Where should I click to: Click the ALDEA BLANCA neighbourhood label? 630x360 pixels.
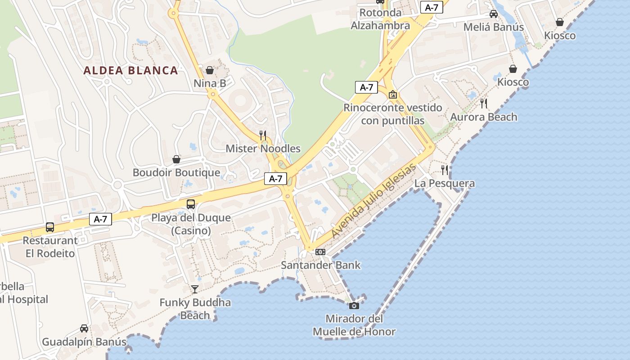(x=131, y=70)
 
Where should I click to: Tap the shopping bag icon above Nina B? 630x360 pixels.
(x=210, y=70)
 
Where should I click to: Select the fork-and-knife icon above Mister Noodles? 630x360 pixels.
(x=263, y=135)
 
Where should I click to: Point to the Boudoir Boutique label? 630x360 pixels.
(x=176, y=172)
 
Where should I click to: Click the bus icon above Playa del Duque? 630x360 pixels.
(x=191, y=204)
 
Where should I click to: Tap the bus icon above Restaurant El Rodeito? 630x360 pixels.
(x=50, y=227)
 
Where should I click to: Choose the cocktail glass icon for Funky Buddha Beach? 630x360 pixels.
(x=195, y=289)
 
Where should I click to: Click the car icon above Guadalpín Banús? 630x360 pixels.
(x=84, y=328)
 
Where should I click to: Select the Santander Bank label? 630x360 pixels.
(x=320, y=265)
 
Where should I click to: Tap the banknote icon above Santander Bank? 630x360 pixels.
(x=320, y=252)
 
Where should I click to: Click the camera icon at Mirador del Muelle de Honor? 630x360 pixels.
(x=354, y=306)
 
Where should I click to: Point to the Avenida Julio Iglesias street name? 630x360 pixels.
(x=373, y=201)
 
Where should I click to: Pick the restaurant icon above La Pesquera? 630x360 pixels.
(x=445, y=170)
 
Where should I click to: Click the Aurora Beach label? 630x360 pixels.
(x=484, y=117)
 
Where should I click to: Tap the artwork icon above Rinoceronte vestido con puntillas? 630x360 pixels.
(x=393, y=94)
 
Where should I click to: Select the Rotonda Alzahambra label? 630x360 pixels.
(x=380, y=19)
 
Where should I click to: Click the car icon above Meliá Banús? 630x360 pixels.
(x=494, y=14)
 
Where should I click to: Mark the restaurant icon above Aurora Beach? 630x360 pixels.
(x=484, y=103)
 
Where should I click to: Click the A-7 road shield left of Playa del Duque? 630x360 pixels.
(x=101, y=219)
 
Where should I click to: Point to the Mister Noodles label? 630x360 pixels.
(x=263, y=148)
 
